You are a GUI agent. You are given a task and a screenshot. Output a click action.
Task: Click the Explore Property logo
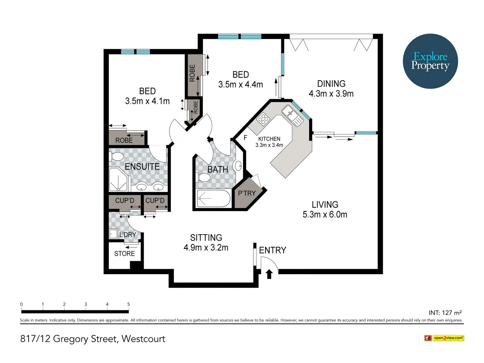click(x=430, y=61)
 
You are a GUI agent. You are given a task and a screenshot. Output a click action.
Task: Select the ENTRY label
click(x=272, y=250)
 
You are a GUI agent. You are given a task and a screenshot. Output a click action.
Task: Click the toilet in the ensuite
click(x=116, y=157)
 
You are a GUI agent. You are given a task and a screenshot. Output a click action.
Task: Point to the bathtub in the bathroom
click(x=213, y=198)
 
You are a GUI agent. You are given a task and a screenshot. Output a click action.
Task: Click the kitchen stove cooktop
click(x=263, y=119)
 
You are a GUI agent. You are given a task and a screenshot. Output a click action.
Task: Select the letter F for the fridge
click(x=245, y=137)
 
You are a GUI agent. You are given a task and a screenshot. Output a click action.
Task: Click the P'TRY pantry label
click(x=247, y=193)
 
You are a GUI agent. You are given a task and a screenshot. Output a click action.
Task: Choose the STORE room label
click(x=124, y=254)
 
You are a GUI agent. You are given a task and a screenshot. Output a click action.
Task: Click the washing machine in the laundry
click(x=113, y=234)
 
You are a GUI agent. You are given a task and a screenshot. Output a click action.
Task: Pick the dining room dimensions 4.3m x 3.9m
click(x=331, y=94)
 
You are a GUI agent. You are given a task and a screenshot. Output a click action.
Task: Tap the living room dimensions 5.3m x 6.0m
click(x=325, y=214)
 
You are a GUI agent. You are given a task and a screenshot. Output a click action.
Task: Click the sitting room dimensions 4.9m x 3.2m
click(x=206, y=248)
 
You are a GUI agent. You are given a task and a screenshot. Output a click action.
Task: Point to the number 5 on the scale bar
click(x=128, y=304)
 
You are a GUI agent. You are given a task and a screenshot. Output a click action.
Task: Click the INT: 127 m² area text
click(x=445, y=313)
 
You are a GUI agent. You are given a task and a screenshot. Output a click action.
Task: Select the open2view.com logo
click(x=444, y=338)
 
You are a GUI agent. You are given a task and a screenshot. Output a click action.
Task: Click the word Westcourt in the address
click(x=143, y=338)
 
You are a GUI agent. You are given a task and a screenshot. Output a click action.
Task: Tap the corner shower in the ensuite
click(x=119, y=179)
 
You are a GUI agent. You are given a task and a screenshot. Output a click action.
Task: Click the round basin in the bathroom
click(x=238, y=166)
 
